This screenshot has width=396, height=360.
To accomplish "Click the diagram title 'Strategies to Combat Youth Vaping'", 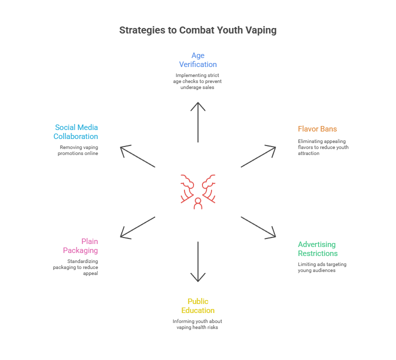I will (198, 30).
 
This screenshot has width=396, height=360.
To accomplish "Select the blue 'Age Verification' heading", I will (198, 60).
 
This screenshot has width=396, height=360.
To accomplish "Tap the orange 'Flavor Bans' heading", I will (317, 129).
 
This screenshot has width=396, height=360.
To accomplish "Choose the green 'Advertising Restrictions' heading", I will (317, 248).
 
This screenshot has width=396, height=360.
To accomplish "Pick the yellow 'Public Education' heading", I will (198, 305).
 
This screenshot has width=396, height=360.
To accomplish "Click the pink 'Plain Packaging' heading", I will (80, 246).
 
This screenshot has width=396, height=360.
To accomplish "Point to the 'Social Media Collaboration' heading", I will (76, 132).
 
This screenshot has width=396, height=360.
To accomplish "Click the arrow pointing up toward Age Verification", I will (198, 122).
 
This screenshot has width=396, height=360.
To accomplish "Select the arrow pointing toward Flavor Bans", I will (258, 156).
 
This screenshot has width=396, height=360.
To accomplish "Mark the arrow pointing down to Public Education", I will (198, 262).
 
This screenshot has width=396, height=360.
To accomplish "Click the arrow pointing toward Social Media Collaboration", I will (138, 156).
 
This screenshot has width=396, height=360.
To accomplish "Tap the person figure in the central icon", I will (198, 203).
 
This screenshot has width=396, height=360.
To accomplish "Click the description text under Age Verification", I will (198, 81).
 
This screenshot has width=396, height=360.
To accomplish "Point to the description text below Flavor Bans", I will (323, 147).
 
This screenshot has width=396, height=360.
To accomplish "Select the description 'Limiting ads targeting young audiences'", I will (322, 267).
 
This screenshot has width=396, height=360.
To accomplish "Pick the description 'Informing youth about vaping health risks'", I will (198, 324).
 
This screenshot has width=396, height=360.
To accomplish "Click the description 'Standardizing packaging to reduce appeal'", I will (75, 267).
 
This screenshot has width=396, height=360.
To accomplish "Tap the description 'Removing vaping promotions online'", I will (78, 150).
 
